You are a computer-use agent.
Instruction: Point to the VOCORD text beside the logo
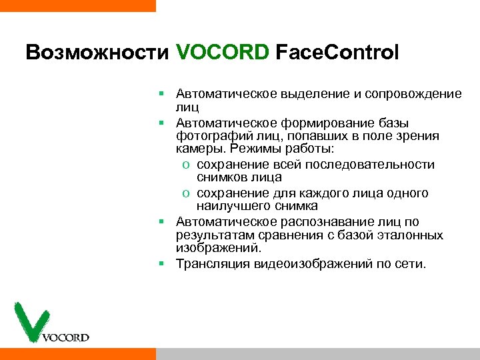65,337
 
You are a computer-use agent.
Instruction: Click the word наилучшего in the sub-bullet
234,207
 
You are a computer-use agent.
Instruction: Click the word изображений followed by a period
217,249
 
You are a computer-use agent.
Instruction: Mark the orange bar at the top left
77,5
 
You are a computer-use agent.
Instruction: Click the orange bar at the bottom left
77,353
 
